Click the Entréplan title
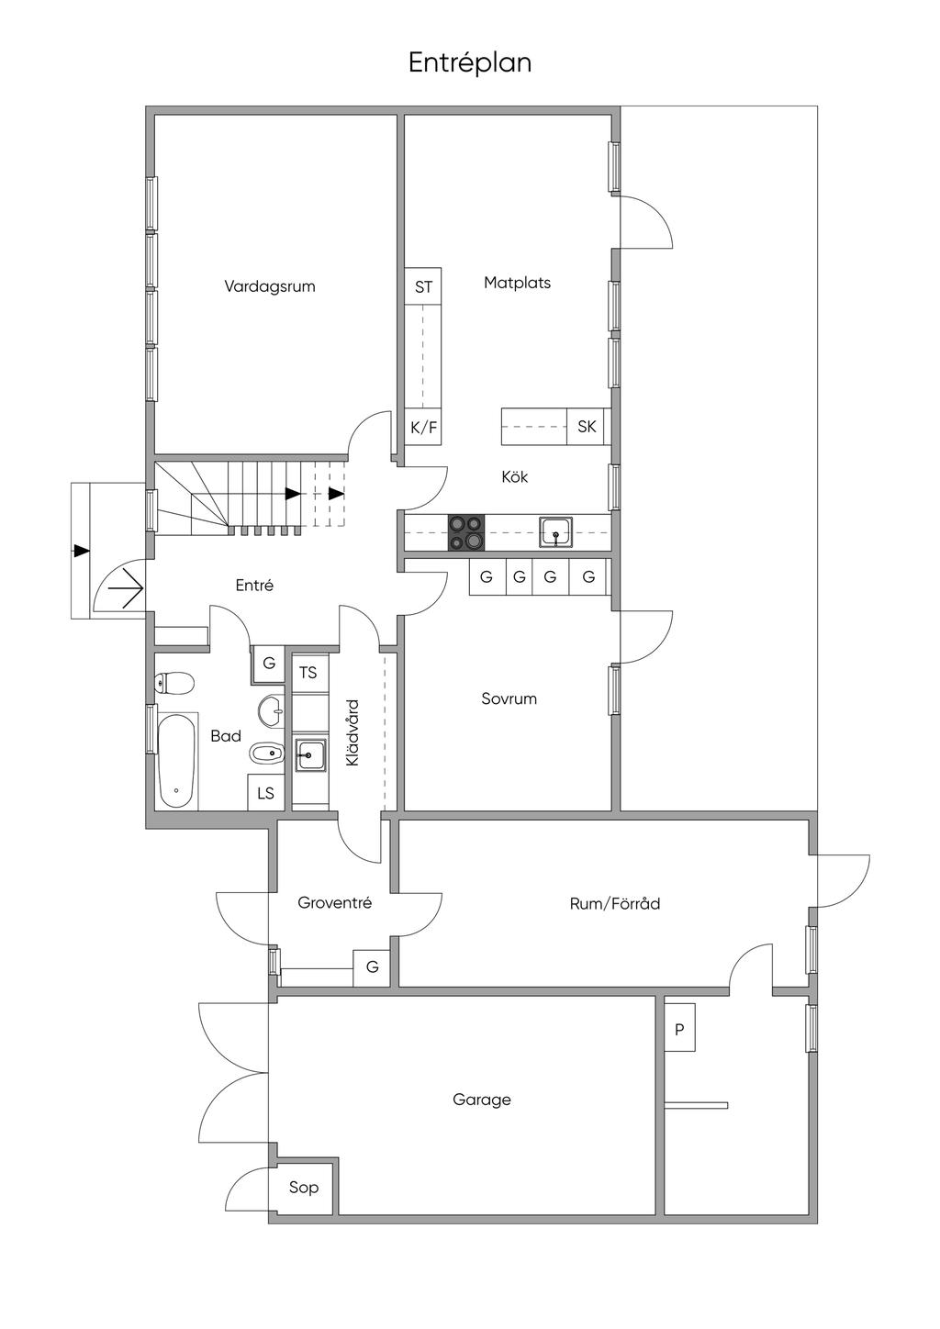pos(469,63)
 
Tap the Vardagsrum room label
pos(269,286)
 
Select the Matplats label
pos(517,283)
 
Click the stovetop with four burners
pos(465,532)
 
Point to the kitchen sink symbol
pos(556,531)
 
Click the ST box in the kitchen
pos(423,287)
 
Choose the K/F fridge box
pos(423,427)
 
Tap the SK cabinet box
pos(587,426)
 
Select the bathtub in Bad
pos(177,761)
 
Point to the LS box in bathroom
pos(265,793)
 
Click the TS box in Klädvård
pos(309,673)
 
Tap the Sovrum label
pos(509,698)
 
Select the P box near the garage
pos(679,1030)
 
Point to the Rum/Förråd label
pos(615,904)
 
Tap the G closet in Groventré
pos(372,967)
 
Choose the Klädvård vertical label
pos(352,732)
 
